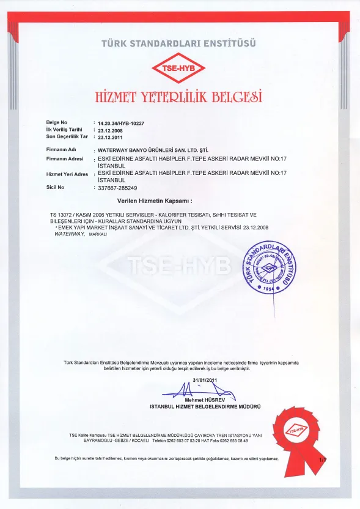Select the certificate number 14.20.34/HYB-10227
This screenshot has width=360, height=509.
click(x=120, y=122)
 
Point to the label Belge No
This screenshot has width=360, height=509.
click(x=57, y=122)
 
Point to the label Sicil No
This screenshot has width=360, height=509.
click(x=55, y=187)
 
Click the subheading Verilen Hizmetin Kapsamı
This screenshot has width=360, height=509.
click(x=155, y=201)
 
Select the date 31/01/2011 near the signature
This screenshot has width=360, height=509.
click(x=205, y=380)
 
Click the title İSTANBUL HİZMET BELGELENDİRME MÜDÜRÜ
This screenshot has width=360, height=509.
click(x=205, y=406)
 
